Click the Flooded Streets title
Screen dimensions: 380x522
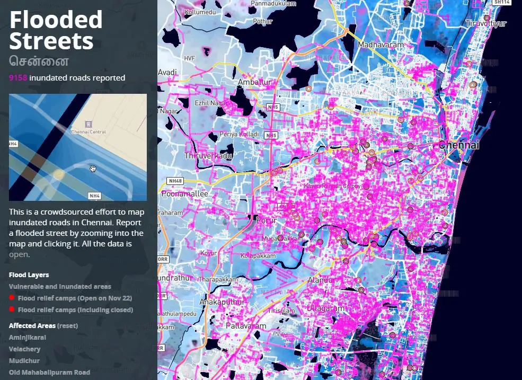56,30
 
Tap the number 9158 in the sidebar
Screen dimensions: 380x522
18,78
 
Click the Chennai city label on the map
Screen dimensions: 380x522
459,145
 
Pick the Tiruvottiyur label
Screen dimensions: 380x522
486,23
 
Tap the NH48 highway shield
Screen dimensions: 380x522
175,181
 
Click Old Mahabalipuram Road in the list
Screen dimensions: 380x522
49,373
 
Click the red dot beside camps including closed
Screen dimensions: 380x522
12,310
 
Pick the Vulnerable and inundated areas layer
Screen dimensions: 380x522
60,287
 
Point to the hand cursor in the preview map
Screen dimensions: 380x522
93,169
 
